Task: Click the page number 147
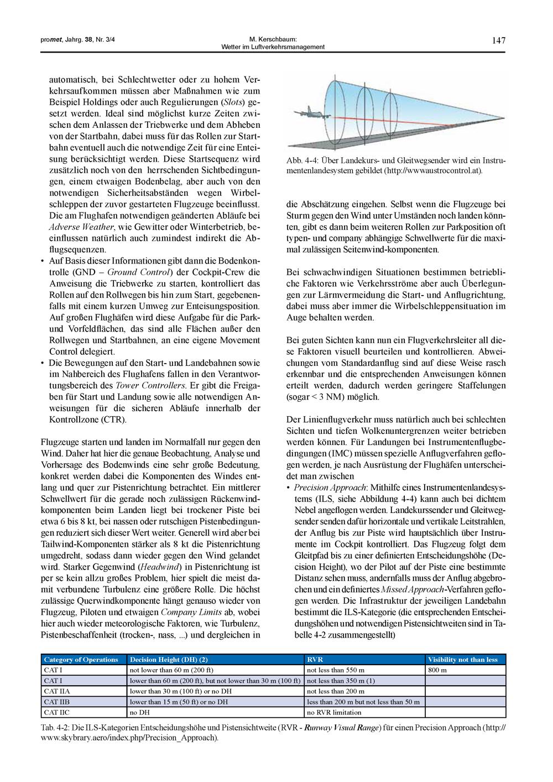tap(498, 40)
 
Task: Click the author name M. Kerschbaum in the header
tap(273, 39)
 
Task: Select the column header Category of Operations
tap(81, 659)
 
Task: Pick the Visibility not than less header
tap(462, 659)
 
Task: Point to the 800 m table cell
tap(437, 670)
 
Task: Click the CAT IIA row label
tap(57, 691)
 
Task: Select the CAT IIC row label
tap(57, 712)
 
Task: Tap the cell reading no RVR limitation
tap(334, 712)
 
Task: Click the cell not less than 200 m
tap(335, 691)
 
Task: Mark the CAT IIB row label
tap(57, 701)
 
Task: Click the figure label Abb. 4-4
tap(301, 160)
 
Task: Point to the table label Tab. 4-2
tap(57, 727)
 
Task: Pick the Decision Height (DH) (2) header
tap(168, 659)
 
